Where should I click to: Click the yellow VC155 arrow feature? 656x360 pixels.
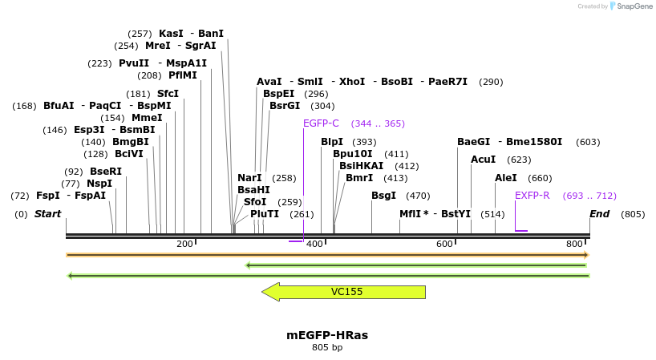tap(343, 292)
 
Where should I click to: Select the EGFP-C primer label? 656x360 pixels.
tap(321, 123)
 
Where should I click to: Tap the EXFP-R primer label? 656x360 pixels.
tap(532, 196)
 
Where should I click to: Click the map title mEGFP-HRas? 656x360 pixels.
tap(327, 335)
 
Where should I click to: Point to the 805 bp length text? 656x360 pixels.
tap(327, 348)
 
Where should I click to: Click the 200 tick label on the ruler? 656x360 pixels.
tap(184, 244)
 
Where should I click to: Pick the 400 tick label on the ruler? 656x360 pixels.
tap(314, 244)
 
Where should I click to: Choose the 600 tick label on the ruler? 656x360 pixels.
tap(444, 244)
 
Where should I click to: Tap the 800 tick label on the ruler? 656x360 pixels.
tap(574, 244)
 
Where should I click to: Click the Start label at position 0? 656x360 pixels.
tap(47, 214)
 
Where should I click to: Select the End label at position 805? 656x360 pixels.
tap(599, 214)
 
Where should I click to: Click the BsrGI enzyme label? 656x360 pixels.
tap(285, 106)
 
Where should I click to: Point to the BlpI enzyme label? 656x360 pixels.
tap(332, 142)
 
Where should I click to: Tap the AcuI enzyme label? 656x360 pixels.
tap(483, 160)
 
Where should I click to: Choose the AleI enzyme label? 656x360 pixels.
tap(506, 178)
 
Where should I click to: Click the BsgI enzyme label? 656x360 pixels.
tap(383, 196)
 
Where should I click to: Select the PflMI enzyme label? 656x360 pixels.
tap(183, 75)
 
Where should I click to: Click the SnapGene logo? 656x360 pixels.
tap(631, 6)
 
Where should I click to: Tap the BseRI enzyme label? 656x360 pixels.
tap(106, 172)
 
